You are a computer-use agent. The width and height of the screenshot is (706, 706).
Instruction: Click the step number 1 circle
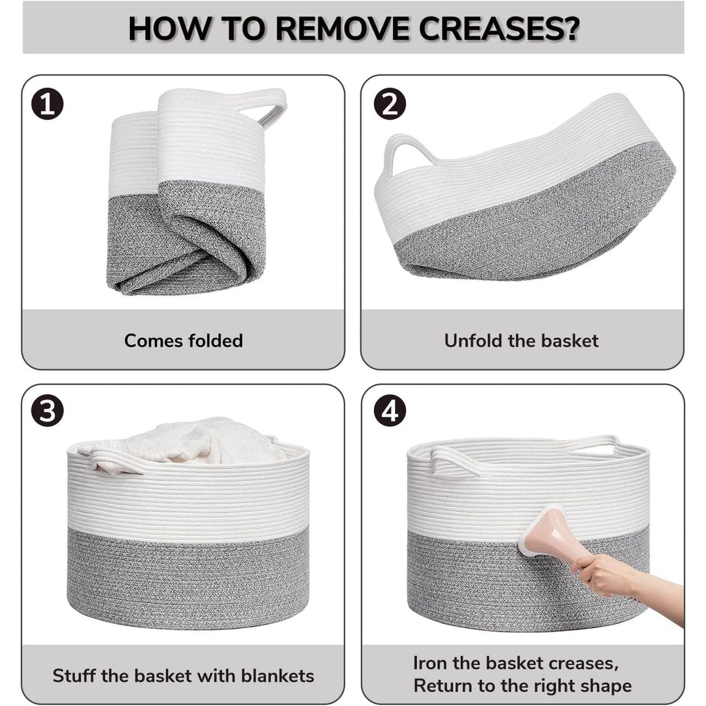point(47,105)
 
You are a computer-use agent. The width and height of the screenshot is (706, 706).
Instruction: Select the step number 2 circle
point(390,105)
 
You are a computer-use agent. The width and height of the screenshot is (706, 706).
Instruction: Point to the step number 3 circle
point(47,411)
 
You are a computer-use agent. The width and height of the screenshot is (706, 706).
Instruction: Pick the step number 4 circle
point(390,411)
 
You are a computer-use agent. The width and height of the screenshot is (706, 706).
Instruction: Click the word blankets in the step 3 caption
point(277,676)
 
